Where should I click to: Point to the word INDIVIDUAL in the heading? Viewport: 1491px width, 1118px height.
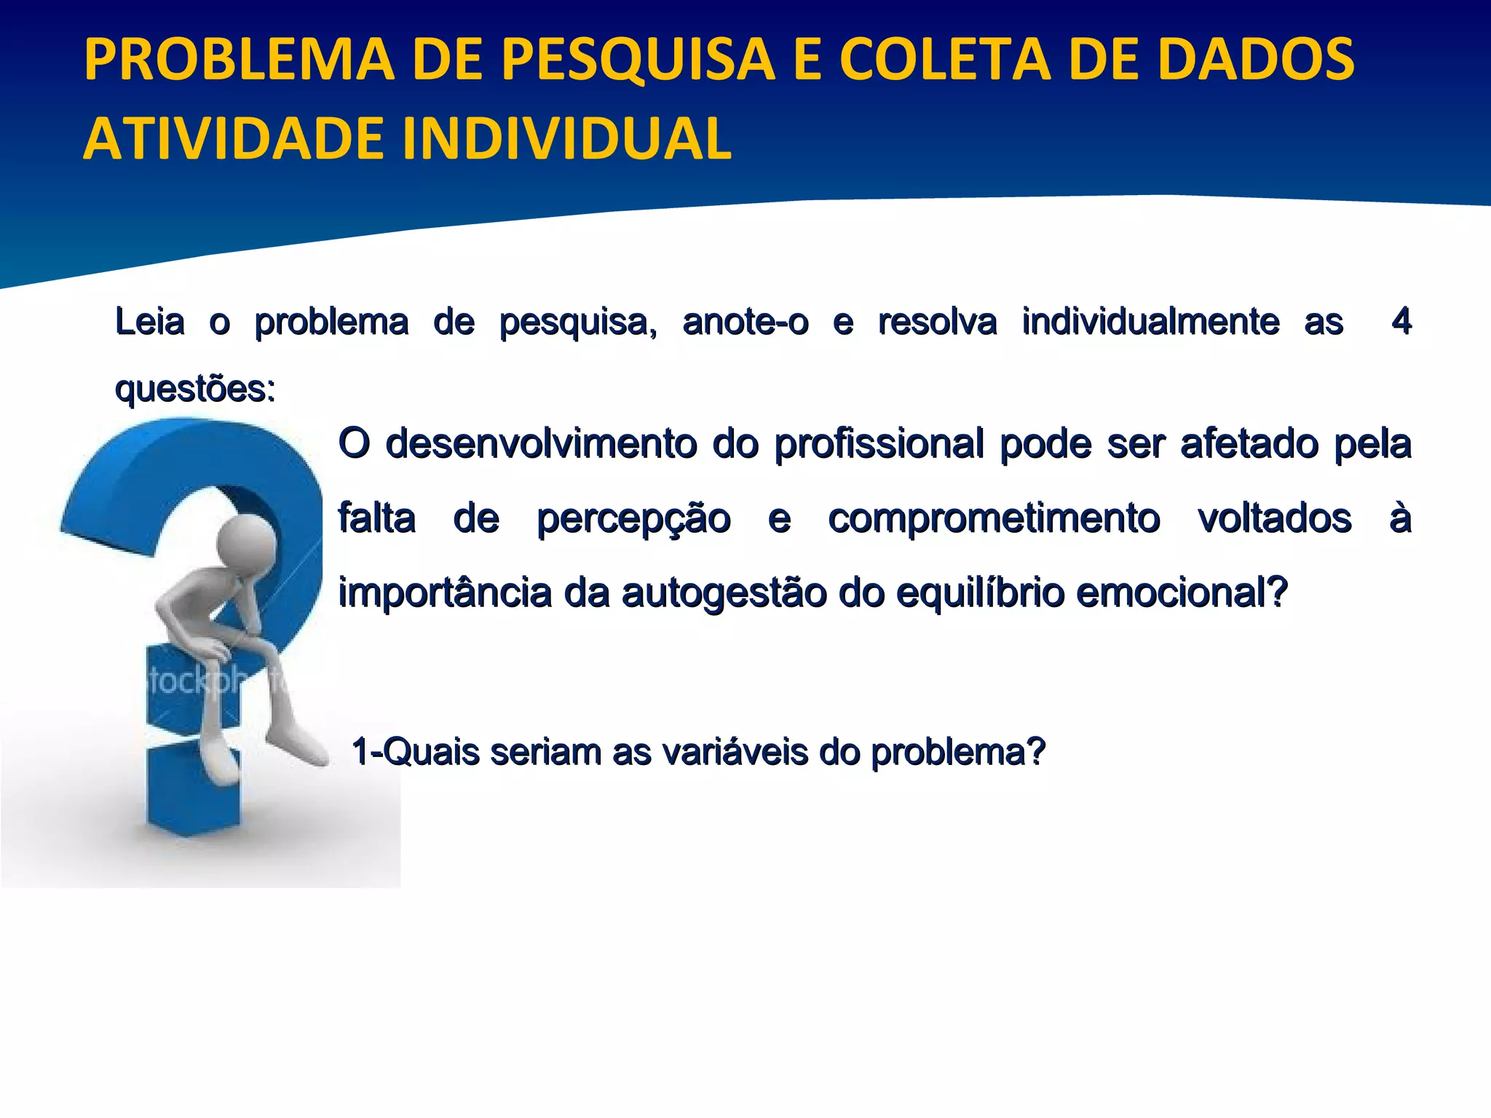click(x=566, y=138)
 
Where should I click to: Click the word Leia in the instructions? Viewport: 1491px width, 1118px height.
click(x=150, y=322)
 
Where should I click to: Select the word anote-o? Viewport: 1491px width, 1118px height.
click(x=745, y=322)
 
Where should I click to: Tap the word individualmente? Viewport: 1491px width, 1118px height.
click(x=1150, y=322)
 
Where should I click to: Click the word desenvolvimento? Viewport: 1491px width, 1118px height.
click(x=541, y=443)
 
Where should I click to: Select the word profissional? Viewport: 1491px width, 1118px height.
click(x=879, y=443)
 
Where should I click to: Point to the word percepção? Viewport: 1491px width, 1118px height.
click(x=633, y=520)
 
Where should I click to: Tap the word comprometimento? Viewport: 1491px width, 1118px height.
click(x=994, y=520)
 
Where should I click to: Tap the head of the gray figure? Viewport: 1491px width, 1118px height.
click(x=248, y=544)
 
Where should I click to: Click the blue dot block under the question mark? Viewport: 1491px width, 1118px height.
click(x=193, y=790)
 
